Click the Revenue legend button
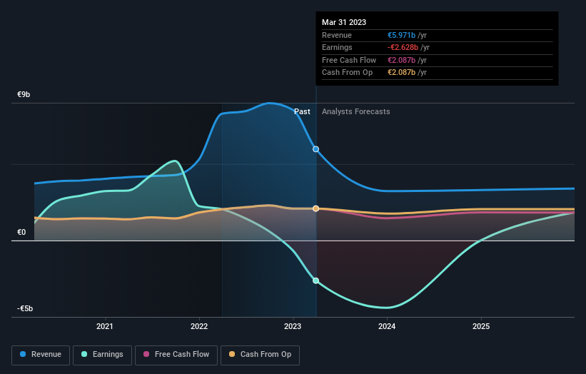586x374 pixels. coord(41,355)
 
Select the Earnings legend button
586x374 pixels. coord(102,355)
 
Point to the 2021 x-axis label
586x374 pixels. coord(105,327)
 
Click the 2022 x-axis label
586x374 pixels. coord(199,327)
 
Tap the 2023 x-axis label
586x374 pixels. coord(293,327)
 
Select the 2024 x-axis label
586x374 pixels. coord(387,327)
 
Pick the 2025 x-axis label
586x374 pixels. coord(481,327)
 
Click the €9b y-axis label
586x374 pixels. coord(24,95)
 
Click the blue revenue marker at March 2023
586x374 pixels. coord(315,149)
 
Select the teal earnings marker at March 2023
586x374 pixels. coord(315,280)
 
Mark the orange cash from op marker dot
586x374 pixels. coord(315,208)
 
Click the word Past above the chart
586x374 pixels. coord(302,111)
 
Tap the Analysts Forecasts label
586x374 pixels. coord(355,111)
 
